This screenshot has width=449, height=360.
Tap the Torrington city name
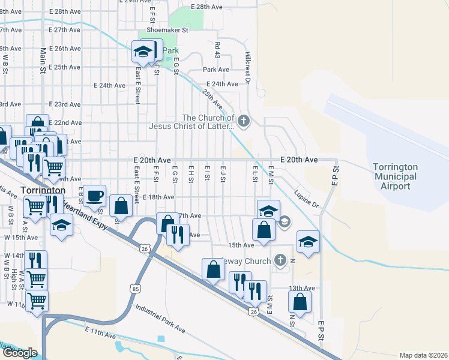click(43, 190)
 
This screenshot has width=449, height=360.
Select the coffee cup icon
click(95, 195)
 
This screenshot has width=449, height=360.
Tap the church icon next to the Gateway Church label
click(280, 260)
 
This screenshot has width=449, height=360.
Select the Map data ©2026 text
click(424, 355)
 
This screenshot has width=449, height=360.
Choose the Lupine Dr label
click(306, 200)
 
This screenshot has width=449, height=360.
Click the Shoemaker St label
click(168, 29)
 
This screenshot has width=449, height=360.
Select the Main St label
click(43, 60)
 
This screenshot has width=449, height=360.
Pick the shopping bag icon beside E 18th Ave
click(121, 205)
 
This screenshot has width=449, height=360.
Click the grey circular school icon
click(285, 222)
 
